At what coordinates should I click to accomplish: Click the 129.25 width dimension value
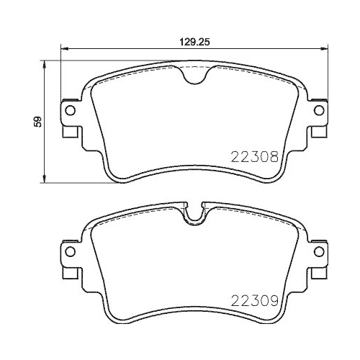189,42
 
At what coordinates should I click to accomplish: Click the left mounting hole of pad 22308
70,111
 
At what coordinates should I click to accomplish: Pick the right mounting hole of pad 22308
318,111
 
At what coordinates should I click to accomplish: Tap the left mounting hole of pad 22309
70,251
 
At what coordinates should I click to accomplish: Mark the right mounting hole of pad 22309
318,251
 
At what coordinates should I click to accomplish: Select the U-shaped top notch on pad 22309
194,215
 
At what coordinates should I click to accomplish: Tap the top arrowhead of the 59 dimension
46,65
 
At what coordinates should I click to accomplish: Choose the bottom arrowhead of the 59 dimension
46,180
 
